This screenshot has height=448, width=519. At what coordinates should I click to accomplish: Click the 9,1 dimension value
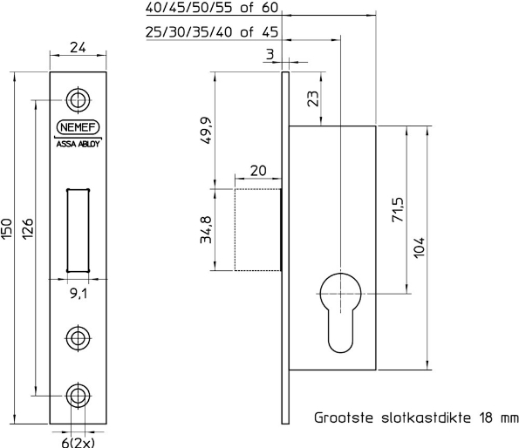[x=79, y=294]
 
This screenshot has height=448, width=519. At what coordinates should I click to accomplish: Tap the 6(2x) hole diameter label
[x=78, y=440]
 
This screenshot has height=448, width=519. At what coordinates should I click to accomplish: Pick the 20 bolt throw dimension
[x=257, y=169]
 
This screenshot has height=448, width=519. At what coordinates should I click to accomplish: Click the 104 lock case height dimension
[x=418, y=254]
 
